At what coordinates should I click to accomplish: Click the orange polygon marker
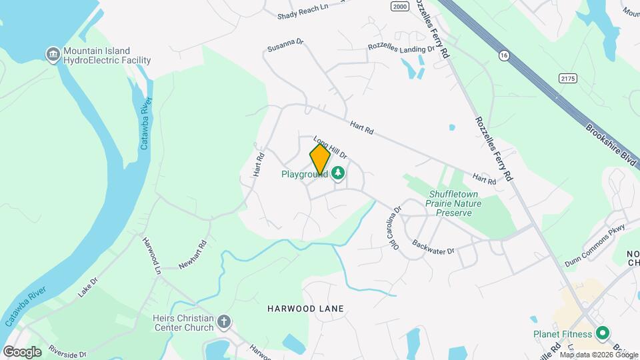320,160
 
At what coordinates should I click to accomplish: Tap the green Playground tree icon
339,174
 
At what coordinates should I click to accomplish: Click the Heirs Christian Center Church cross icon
224,323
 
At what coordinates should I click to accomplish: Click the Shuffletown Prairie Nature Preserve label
450,203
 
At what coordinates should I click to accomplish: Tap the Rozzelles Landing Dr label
401,48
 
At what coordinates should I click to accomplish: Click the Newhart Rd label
194,255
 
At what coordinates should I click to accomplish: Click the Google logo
22,351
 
